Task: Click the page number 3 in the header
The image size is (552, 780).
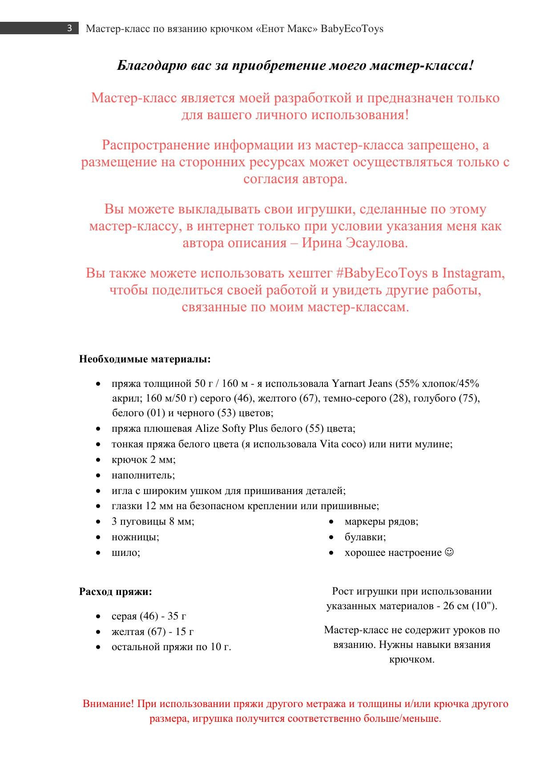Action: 69,28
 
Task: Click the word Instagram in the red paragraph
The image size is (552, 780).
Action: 473,273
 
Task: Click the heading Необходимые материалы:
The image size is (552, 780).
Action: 145,359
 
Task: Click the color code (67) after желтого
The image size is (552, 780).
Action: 309,398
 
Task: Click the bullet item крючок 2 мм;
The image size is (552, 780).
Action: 143,460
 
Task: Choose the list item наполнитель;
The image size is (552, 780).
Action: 143,475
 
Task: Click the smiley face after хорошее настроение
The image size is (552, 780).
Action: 449,552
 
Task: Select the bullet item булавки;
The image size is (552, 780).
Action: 365,537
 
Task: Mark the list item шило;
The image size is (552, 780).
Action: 125,553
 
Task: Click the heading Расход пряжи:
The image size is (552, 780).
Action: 115,592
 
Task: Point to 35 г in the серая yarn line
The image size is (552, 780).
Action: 177,616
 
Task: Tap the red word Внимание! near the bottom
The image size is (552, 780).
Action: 108,704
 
